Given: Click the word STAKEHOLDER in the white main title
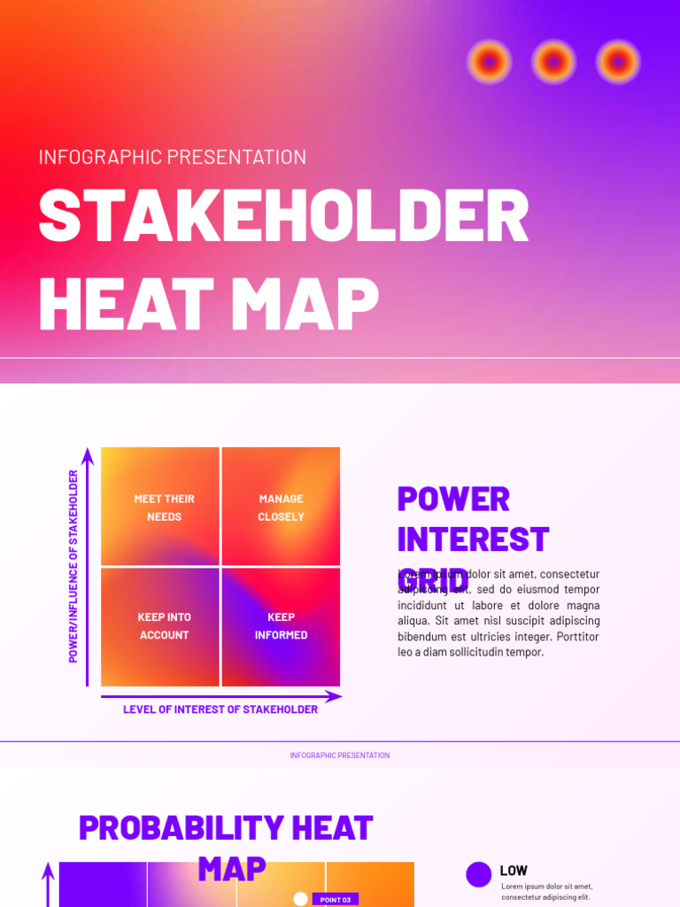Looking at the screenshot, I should pos(283,216).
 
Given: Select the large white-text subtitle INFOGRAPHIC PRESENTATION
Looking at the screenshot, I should pos(173,157).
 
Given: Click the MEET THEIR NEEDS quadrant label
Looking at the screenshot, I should pos(164,508).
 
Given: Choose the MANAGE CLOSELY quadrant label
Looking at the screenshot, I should pos(281,508).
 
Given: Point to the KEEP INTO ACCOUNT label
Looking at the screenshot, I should pos(164,625).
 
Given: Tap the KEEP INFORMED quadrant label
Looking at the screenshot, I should pos(281,625).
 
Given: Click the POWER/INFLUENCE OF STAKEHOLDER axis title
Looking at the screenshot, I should pos(73,566).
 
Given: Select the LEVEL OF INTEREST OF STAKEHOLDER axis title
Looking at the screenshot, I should pos(220,709).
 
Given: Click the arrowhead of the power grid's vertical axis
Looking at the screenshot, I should pos(88,455).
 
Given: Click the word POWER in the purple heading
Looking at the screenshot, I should pos(453,499).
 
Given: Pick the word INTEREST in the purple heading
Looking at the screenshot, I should pos(473,539).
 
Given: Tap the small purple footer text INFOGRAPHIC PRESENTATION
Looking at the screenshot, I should pos(339,756).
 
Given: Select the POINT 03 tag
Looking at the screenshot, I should pos(336,900).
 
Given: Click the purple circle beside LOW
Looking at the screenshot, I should pos(479,874).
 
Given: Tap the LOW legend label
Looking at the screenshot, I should pos(513,871).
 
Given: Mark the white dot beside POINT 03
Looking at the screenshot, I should pos(300,899).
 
